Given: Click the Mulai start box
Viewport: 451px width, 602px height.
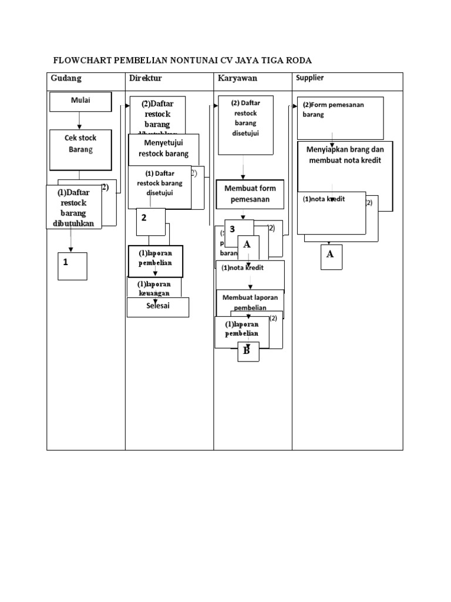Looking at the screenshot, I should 80,101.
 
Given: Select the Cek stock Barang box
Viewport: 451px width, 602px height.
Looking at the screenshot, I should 80,143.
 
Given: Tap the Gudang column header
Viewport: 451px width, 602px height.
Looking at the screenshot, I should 66,78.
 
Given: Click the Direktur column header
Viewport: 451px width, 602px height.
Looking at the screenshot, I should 145,78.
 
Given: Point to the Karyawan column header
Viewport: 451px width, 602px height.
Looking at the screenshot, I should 237,78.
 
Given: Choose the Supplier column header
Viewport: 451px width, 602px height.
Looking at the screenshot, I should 309,78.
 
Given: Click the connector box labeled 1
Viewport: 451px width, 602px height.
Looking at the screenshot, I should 72,266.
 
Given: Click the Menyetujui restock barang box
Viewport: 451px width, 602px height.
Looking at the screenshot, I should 163,149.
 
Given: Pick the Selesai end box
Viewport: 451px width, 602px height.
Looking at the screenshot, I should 158,307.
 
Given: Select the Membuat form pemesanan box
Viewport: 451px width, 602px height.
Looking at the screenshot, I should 250,193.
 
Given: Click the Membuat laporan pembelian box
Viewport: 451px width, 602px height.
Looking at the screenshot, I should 250,302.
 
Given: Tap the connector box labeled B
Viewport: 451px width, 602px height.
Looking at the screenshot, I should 247,352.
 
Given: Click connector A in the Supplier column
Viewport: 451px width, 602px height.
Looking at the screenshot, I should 331,256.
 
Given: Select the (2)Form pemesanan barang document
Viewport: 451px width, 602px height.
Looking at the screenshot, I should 340,117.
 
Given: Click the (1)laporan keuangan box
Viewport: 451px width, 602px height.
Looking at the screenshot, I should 154,287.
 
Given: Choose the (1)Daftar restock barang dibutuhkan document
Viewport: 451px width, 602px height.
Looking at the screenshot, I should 73,207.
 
